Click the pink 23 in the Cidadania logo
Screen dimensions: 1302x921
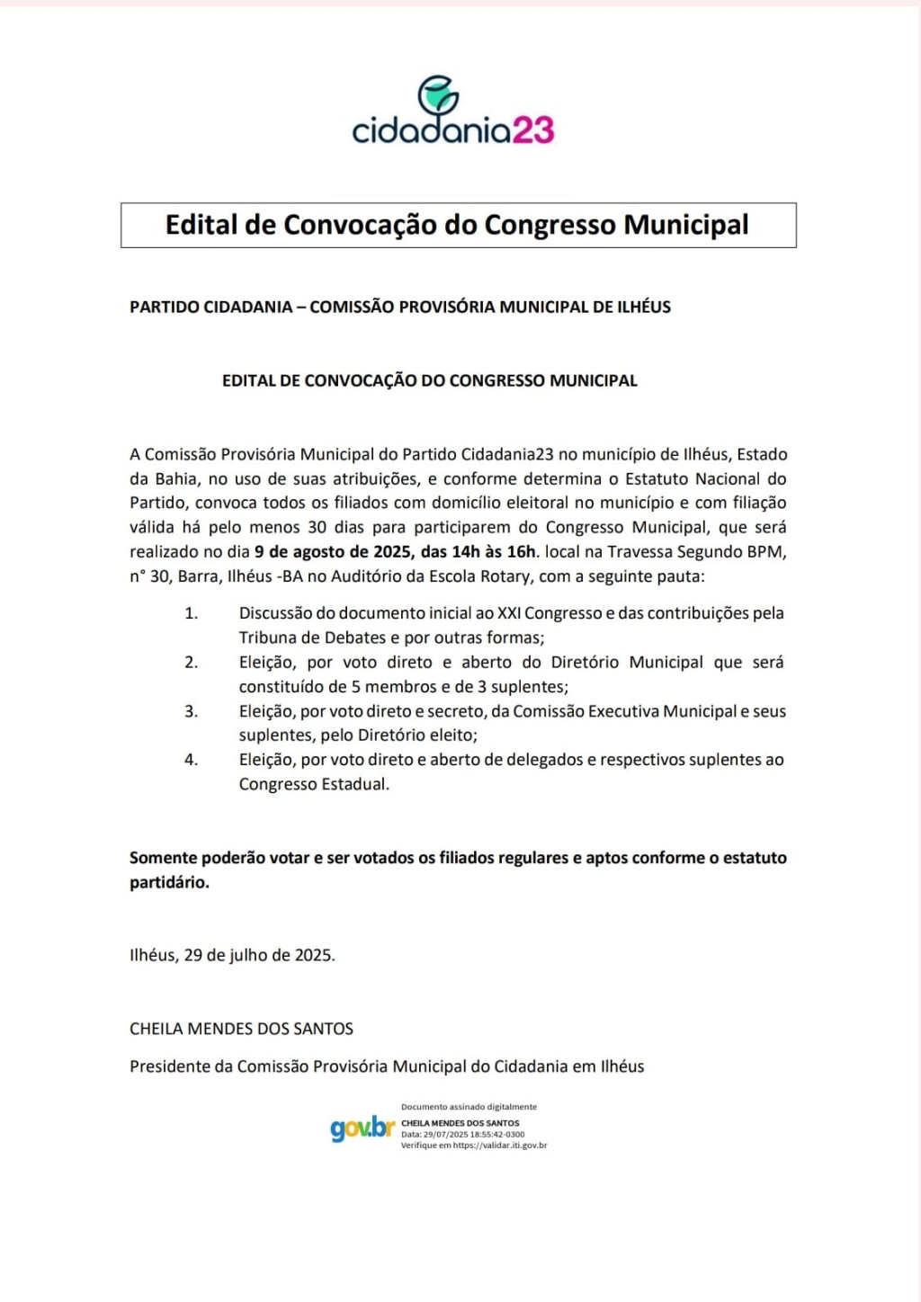coord(533,130)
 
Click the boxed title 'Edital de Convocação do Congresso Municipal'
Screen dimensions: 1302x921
coord(458,225)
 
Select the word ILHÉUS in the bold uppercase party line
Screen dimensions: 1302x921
coord(644,307)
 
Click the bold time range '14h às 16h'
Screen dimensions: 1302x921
coord(494,551)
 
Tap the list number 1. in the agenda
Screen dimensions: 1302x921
coord(191,613)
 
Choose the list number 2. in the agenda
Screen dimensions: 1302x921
coord(191,663)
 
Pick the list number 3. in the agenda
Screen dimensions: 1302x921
coord(191,711)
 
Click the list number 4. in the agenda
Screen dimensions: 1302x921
coord(191,760)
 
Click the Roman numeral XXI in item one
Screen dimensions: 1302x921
coord(509,613)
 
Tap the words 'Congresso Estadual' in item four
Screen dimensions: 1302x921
coord(314,784)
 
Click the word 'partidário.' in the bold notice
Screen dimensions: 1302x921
coord(169,882)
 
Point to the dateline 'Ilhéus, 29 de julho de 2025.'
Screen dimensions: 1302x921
coord(232,955)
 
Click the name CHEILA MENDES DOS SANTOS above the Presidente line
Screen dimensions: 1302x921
coord(241,1029)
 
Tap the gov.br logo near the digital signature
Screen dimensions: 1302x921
coord(362,1128)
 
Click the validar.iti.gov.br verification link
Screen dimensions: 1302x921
coord(500,1146)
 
